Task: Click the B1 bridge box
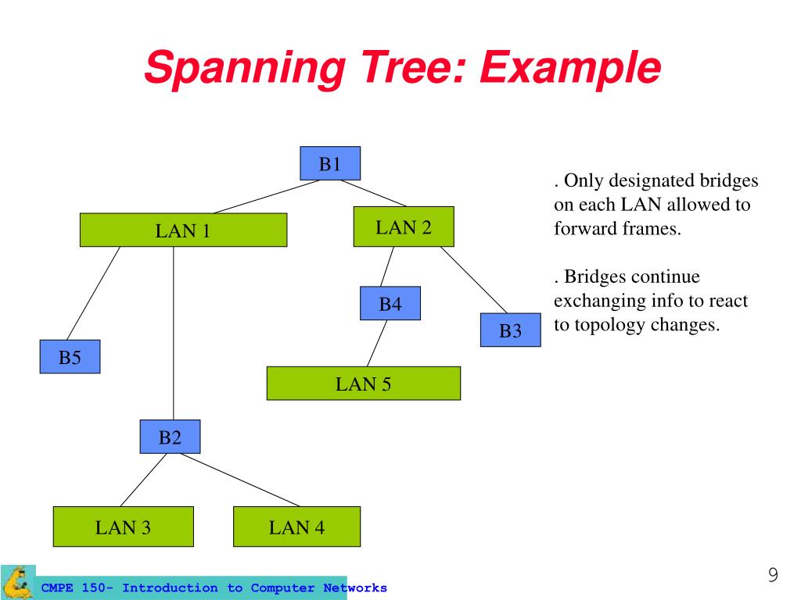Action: click(330, 163)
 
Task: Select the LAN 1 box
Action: click(183, 230)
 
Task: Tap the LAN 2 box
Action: click(404, 227)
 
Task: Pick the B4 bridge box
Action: click(390, 304)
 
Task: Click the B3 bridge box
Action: click(510, 330)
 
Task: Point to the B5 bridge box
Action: click(70, 356)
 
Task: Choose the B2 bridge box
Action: click(170, 437)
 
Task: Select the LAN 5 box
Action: click(364, 383)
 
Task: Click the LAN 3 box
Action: click(123, 527)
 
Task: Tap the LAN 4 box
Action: click(296, 527)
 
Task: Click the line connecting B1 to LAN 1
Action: click(267, 196)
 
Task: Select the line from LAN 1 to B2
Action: click(174, 333)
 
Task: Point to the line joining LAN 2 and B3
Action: click(473, 280)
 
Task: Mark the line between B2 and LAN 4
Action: click(240, 480)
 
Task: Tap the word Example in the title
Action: click(570, 68)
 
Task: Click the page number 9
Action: click(773, 574)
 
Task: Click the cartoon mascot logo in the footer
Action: click(17, 581)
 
